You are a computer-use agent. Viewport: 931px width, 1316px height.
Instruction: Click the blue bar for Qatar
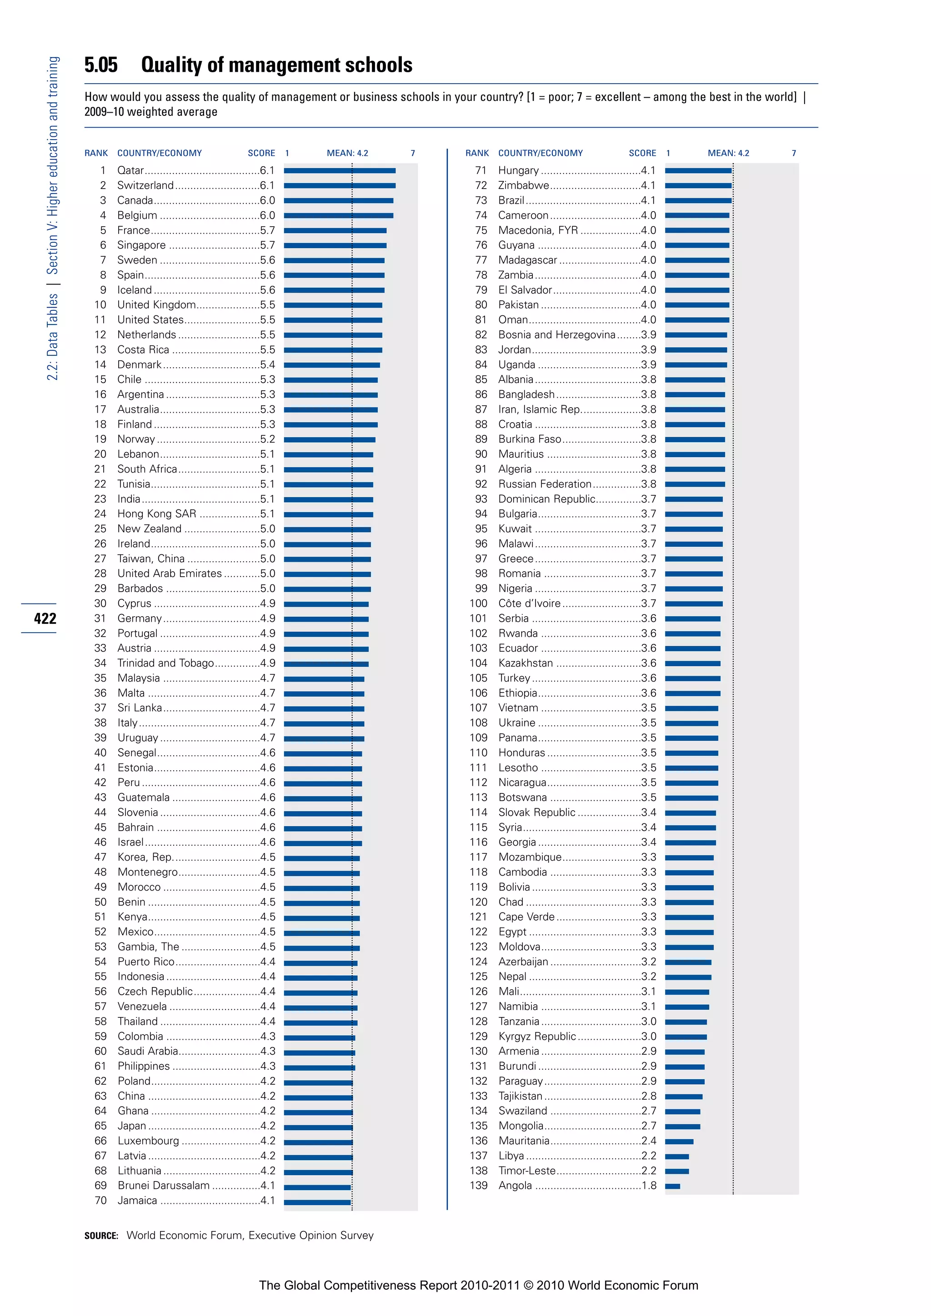(x=340, y=171)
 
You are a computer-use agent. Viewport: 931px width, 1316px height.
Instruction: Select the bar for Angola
(x=672, y=1186)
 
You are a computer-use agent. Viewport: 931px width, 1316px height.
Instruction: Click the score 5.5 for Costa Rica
(x=267, y=349)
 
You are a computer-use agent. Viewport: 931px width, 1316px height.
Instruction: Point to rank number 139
(x=478, y=1186)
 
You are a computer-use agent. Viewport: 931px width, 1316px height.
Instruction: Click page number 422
(x=45, y=618)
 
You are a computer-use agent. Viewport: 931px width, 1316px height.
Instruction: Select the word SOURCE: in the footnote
(x=101, y=1236)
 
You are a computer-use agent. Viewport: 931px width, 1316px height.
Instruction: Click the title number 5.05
(x=101, y=65)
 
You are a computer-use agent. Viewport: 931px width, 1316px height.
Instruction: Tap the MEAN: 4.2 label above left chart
(x=347, y=153)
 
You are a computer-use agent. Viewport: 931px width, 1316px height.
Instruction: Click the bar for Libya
(x=677, y=1156)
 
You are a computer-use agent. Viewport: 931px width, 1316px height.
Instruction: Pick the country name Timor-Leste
(x=527, y=1171)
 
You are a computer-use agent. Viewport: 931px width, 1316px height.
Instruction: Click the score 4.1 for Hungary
(x=648, y=171)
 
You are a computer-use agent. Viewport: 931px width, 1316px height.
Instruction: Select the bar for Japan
(x=318, y=1127)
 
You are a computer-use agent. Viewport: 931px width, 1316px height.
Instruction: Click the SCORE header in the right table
(x=642, y=153)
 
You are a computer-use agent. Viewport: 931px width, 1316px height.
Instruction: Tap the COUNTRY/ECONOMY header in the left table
(x=160, y=153)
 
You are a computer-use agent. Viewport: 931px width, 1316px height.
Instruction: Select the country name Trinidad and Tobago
(x=165, y=663)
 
